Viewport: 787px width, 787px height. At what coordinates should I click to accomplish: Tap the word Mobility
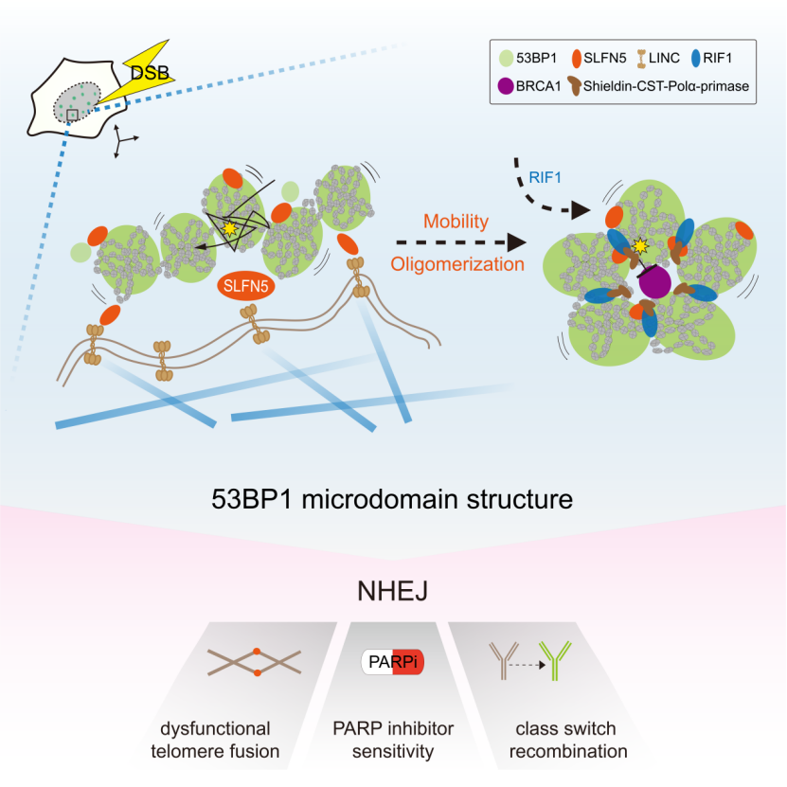point(456,222)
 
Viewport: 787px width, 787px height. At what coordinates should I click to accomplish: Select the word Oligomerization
point(456,264)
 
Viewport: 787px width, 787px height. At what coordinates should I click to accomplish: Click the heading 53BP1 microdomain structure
point(393,498)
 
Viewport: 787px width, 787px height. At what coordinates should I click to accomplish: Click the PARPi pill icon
point(392,662)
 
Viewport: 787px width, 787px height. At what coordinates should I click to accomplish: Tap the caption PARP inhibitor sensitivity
point(392,741)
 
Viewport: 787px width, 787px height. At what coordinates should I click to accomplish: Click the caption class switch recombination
point(565,741)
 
